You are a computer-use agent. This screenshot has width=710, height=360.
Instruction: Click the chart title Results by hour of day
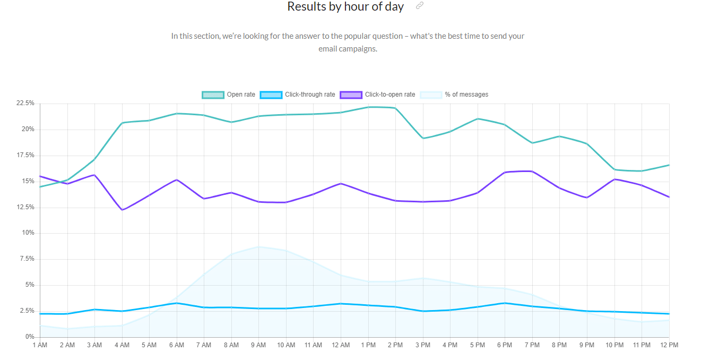click(345, 7)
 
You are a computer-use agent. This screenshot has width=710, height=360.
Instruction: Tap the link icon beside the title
click(420, 6)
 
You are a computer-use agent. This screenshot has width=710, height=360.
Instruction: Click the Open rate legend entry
click(229, 95)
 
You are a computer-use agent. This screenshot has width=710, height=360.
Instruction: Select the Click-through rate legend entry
click(297, 95)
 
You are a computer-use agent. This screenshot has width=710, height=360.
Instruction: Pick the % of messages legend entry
click(454, 95)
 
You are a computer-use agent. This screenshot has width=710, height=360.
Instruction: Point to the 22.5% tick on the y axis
click(25, 103)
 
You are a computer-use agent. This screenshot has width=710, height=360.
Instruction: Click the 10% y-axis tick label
click(28, 233)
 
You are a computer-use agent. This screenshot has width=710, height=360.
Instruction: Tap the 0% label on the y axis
click(29, 337)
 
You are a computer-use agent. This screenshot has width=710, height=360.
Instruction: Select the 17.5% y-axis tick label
click(25, 155)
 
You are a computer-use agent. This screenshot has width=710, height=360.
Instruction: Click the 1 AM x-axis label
click(40, 345)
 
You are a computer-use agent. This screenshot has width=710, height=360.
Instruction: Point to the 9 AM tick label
click(258, 345)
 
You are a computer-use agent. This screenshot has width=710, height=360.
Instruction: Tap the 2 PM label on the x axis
click(395, 345)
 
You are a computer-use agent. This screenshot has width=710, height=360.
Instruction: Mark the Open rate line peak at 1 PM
click(368, 107)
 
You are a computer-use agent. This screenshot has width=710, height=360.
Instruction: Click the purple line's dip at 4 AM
click(122, 210)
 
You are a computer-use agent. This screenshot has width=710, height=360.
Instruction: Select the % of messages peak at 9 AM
click(258, 246)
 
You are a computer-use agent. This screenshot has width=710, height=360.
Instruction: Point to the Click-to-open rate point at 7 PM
click(532, 171)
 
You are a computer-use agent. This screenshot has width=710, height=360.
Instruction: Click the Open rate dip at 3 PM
click(422, 138)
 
